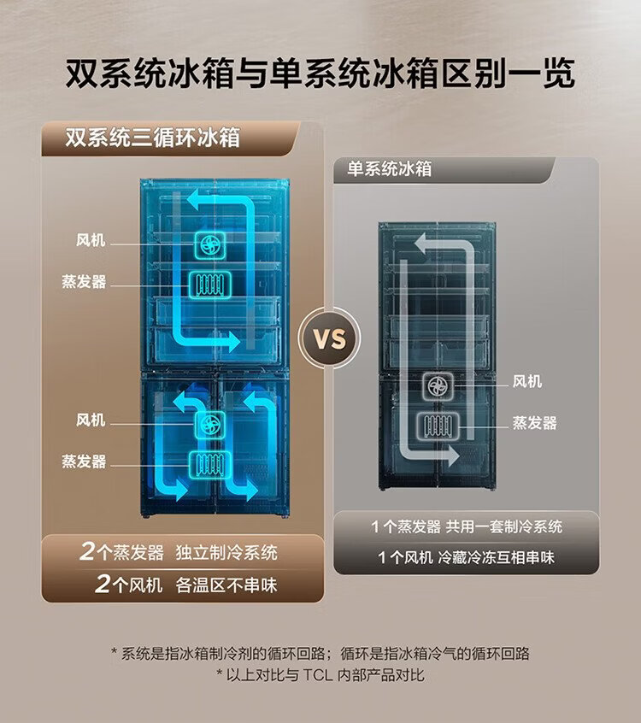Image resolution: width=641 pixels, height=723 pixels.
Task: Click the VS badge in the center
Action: pos(329,338)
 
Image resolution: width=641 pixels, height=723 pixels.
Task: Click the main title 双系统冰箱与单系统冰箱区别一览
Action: pos(320,73)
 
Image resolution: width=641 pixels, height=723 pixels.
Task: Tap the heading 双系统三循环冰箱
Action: pos(152,138)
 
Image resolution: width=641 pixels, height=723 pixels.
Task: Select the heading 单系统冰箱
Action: pos(389,168)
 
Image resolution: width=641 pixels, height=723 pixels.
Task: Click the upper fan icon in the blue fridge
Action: pos(210,244)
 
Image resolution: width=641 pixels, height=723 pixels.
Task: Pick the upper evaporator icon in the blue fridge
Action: pos(210,284)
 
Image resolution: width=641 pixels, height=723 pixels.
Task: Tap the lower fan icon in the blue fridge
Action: pos(210,424)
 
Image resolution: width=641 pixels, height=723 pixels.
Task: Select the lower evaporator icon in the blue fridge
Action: pos(210,464)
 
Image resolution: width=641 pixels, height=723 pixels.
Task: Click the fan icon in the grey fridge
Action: pos(438,386)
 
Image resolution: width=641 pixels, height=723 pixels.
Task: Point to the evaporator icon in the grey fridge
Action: pos(438,426)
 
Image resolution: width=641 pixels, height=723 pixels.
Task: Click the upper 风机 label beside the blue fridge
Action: pos(91,240)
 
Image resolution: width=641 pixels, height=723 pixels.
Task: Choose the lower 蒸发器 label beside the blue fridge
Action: pos(84,461)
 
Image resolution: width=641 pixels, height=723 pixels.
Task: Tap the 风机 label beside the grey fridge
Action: pos(527,381)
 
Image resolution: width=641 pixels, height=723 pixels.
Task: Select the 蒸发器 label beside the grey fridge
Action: pos(534,423)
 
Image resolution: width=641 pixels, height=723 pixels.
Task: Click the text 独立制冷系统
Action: pos(226,552)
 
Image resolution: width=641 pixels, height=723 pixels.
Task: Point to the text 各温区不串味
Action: pos(226,585)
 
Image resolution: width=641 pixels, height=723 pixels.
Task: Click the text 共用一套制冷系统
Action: pos(504,526)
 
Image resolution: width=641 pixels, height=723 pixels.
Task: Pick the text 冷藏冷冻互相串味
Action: pos(497,557)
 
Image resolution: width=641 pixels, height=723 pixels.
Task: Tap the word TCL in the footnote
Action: pos(318,675)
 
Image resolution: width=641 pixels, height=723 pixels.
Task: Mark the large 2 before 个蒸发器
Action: pos(88,551)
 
